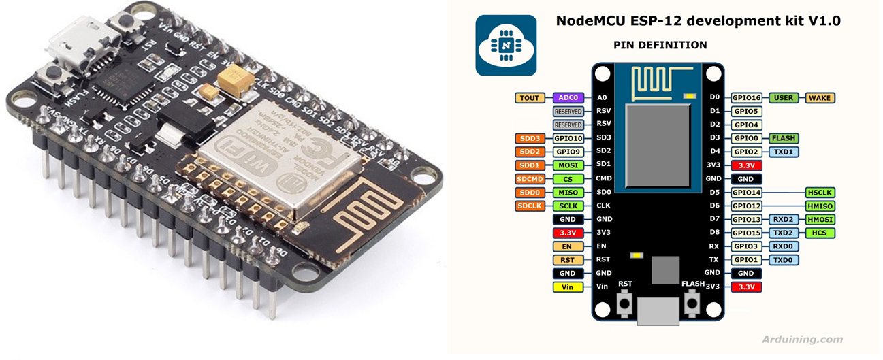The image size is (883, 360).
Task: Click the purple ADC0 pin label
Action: tap(566, 98)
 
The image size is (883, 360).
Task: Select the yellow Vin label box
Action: tap(566, 287)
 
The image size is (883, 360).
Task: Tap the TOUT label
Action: tap(530, 98)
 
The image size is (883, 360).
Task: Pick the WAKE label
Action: tap(820, 98)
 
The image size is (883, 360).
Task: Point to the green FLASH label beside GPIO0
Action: tap(784, 138)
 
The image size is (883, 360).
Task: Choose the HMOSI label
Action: tap(820, 219)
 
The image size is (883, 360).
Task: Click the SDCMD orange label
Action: tap(530, 179)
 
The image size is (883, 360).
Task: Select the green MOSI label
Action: tap(566, 165)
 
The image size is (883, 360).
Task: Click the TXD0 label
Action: tap(784, 260)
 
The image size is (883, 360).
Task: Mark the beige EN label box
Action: tap(566, 246)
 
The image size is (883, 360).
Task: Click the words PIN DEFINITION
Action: tap(660, 45)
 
